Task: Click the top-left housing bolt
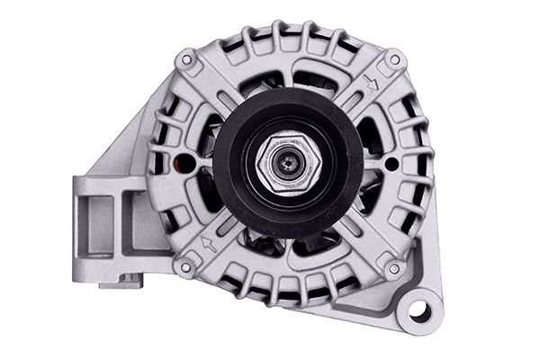pyautogui.click(x=186, y=59)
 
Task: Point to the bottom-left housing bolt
pyautogui.click(x=185, y=266)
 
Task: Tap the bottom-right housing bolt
pyautogui.click(x=392, y=267)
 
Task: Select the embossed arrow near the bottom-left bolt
pyautogui.click(x=208, y=243)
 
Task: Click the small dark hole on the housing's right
pyautogui.click(x=391, y=165)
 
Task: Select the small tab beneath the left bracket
pyautogui.click(x=119, y=283)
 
